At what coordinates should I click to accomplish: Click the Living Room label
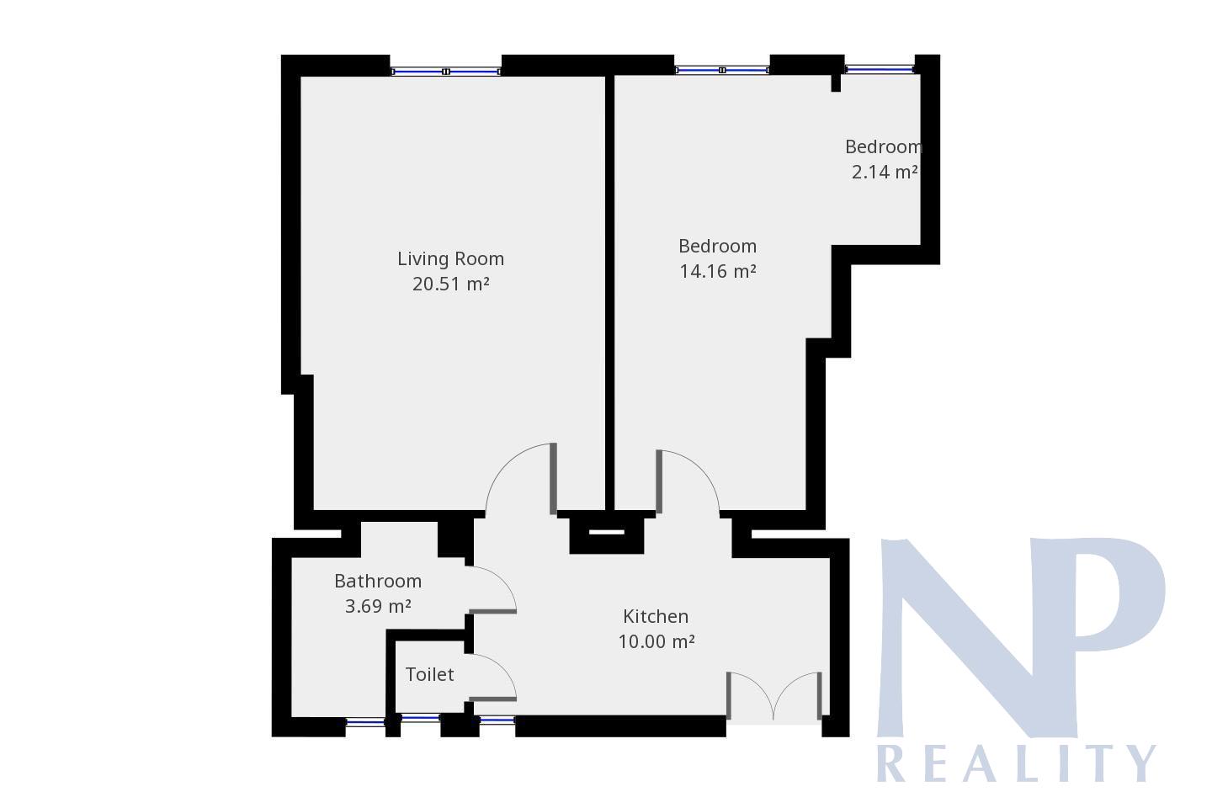(x=451, y=258)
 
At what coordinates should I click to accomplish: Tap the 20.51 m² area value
(x=451, y=284)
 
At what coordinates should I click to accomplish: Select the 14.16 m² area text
(x=717, y=271)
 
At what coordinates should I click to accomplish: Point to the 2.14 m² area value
(x=885, y=172)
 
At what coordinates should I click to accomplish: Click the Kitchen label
(x=656, y=616)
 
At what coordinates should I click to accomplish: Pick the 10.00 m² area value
(x=656, y=641)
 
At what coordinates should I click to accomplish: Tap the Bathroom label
(x=378, y=581)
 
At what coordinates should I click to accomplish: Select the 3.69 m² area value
(x=378, y=606)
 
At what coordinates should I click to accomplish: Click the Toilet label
(x=429, y=674)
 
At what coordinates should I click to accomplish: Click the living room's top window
(x=446, y=72)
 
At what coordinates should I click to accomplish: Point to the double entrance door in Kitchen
(x=773, y=697)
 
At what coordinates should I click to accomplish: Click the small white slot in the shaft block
(x=607, y=532)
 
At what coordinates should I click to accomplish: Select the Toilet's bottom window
(x=421, y=718)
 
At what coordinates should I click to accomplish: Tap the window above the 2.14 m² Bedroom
(x=880, y=69)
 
